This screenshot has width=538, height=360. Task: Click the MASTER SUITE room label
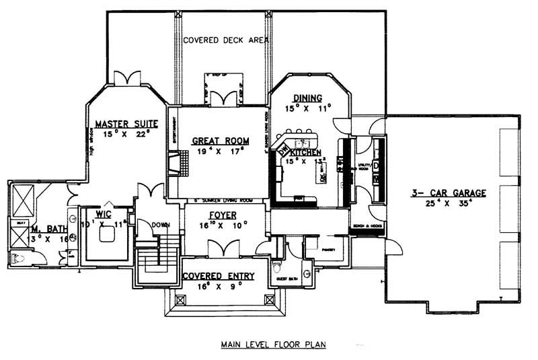[126, 123]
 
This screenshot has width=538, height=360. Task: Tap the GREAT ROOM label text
[221, 141]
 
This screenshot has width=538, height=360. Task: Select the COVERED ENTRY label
[218, 275]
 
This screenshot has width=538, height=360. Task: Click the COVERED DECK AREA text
[226, 40]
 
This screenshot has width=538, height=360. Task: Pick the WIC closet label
[103, 214]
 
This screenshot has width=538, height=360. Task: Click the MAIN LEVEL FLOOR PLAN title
[273, 345]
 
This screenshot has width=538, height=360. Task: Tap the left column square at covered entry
[179, 299]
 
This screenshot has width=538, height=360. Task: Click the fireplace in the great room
[174, 164]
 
